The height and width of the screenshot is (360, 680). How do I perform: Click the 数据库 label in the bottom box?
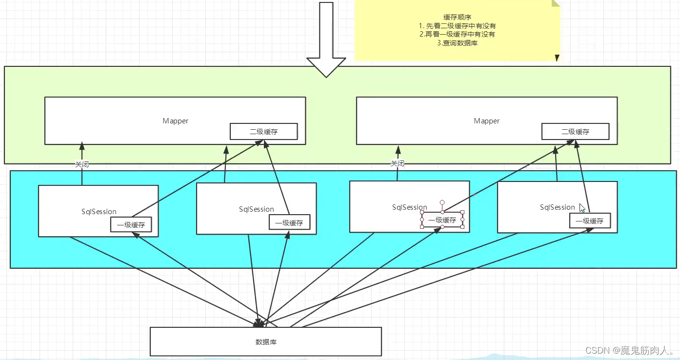point(266,342)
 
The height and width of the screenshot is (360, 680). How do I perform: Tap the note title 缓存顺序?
point(457,17)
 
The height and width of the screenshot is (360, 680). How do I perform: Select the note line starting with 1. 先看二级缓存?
point(457,25)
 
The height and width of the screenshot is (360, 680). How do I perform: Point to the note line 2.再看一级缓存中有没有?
point(457,34)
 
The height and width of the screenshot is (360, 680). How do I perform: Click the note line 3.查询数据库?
point(457,43)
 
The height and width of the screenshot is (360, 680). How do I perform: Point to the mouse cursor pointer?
point(581,207)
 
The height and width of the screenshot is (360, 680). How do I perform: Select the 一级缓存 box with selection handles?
point(442,220)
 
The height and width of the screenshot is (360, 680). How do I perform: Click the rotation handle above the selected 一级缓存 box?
point(442,202)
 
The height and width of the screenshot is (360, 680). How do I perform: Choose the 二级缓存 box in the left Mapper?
point(264,132)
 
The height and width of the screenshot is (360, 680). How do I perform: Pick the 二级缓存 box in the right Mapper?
point(576,132)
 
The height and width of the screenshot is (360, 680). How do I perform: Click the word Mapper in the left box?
point(176,121)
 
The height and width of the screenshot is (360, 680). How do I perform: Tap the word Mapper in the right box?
point(487,121)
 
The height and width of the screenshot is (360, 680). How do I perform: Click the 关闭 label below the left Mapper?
point(82,164)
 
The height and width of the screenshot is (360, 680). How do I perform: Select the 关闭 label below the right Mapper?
point(398,164)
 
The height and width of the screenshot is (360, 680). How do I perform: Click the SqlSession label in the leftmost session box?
point(99,212)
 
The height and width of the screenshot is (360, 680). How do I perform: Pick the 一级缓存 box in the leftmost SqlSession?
point(131,225)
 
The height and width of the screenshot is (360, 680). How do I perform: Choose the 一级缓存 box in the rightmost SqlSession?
point(589,221)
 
